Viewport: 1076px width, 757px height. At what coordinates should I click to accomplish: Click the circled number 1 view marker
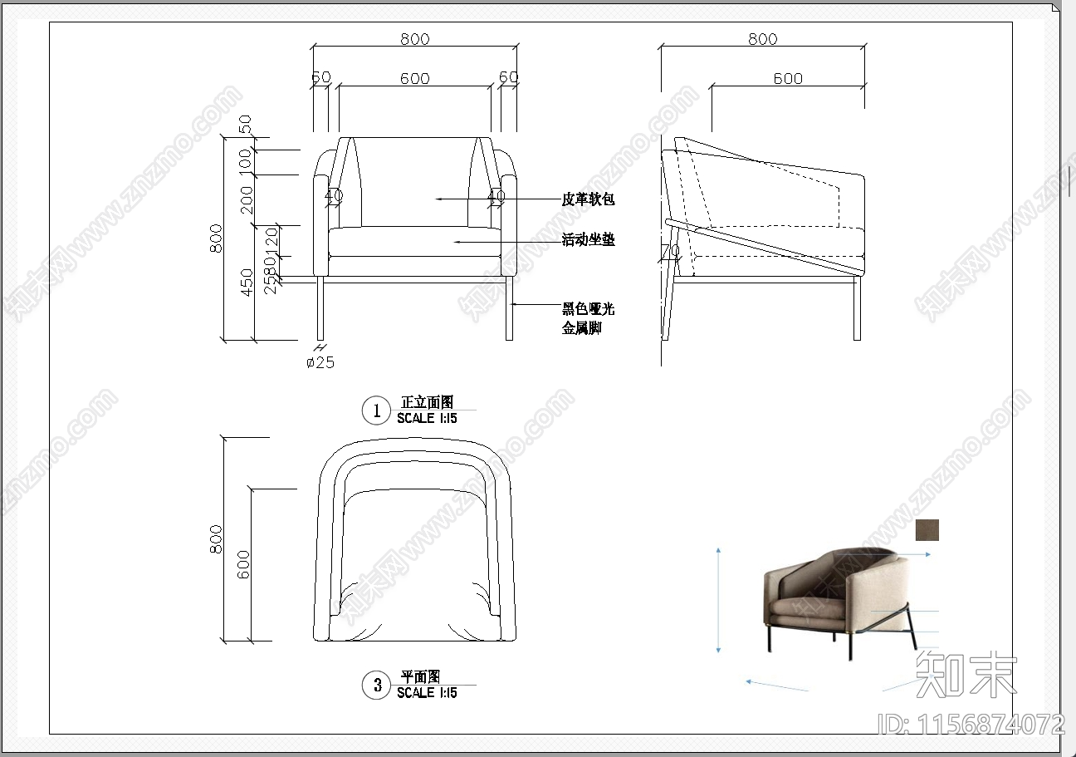tap(376, 410)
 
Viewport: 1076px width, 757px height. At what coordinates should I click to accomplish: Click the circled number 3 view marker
tap(377, 685)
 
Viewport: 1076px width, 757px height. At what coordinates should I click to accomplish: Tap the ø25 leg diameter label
tap(320, 362)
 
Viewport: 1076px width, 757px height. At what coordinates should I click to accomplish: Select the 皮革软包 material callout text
tap(588, 199)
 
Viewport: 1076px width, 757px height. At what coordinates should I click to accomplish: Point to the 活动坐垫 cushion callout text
tap(588, 240)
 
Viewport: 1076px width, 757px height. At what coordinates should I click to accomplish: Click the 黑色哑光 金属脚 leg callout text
tap(588, 318)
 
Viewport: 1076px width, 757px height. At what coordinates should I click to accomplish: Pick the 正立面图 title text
tap(427, 402)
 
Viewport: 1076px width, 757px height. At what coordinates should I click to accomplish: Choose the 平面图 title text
tap(420, 677)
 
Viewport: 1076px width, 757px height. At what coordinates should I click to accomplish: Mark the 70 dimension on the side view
tap(671, 250)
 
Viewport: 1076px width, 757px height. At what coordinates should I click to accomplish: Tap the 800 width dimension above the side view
tap(762, 39)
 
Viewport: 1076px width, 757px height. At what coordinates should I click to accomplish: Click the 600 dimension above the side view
tap(788, 79)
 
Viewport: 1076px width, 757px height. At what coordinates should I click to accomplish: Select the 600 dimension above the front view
tap(415, 79)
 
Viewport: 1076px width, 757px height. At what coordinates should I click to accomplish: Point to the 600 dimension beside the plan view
tap(243, 565)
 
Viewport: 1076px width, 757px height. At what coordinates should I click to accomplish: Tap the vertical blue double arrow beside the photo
tap(718, 600)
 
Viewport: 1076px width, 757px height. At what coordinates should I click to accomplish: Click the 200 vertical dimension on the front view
tap(247, 199)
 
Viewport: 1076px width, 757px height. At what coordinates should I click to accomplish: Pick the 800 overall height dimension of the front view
tap(218, 238)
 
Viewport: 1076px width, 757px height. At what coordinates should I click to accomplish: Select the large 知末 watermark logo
tap(966, 673)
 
